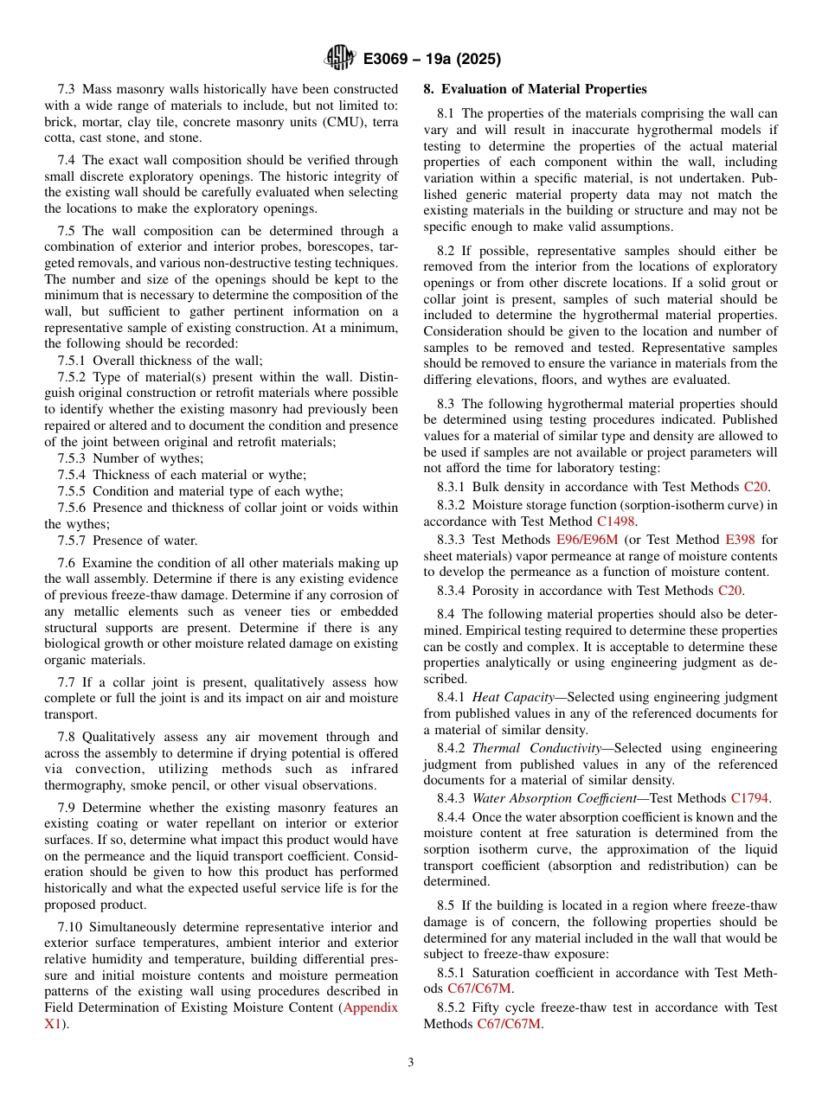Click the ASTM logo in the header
(x=340, y=59)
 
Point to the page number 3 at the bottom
(x=411, y=1063)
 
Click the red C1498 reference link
(x=616, y=521)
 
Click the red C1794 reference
(x=749, y=798)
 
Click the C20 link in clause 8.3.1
(x=755, y=488)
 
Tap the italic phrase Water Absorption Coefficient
(x=554, y=798)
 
